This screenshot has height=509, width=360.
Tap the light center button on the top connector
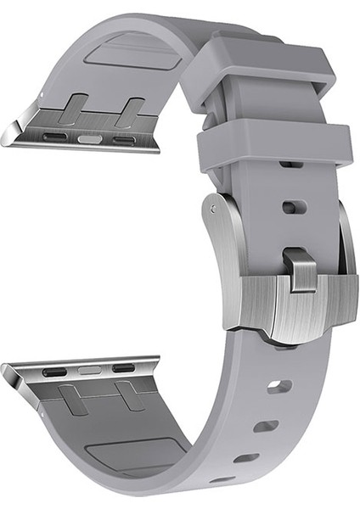click(90, 137)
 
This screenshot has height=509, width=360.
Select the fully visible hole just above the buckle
click(294, 206)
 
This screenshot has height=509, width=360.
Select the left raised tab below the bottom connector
click(74, 398)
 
